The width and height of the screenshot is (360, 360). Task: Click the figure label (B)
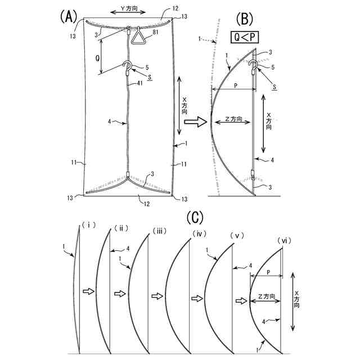pyautogui.click(x=247, y=19)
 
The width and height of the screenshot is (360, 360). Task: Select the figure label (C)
pyautogui.click(x=194, y=216)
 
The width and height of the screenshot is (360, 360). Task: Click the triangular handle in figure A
pyautogui.click(x=138, y=38)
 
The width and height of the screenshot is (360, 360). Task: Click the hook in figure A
pyautogui.click(x=128, y=67)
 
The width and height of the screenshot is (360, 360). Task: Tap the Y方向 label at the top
pyautogui.click(x=127, y=10)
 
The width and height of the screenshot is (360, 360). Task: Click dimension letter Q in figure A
pyautogui.click(x=97, y=57)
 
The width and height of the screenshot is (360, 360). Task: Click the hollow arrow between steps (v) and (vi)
pyautogui.click(x=241, y=301)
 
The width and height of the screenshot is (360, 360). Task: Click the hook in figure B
pyautogui.click(x=254, y=67)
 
